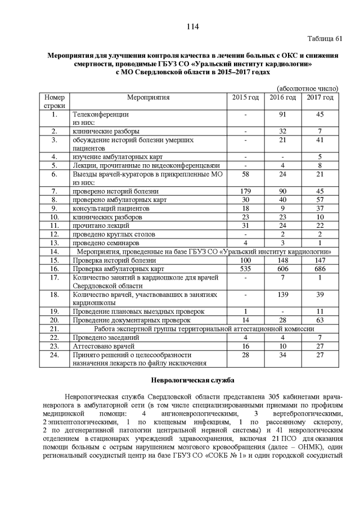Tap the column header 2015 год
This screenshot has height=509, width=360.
pos(246,98)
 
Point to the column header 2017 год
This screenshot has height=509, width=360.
pos(319,98)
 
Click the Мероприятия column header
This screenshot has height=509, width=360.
pos(148,98)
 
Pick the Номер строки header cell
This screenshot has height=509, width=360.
pos(55,102)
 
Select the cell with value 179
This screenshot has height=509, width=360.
pos(246,192)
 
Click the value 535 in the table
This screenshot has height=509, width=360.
pos(246,270)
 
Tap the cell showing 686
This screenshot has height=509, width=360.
pos(319,270)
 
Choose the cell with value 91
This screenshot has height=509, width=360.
pos(283,114)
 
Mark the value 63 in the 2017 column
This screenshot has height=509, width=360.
pos(319,319)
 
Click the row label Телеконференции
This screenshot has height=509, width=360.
pos(97,114)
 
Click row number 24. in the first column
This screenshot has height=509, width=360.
pos(55,355)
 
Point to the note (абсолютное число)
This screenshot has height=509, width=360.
pos(308,88)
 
